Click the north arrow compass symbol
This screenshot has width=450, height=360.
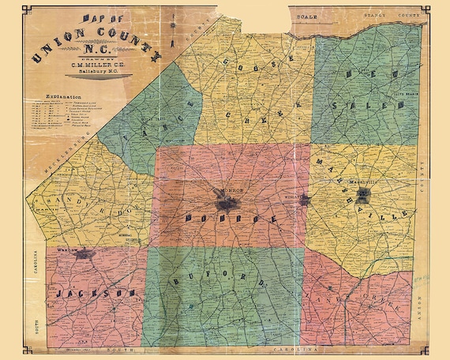[170, 29]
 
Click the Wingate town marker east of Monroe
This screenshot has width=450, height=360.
[305, 200]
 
